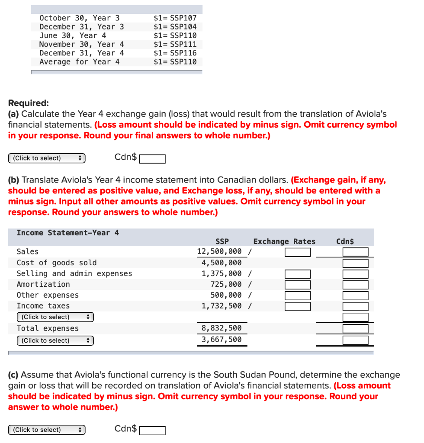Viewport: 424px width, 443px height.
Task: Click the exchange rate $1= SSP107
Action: (175, 18)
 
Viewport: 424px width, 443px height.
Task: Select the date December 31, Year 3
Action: (81, 27)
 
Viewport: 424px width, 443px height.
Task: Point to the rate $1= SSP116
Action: (175, 53)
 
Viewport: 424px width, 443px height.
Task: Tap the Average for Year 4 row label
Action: (80, 62)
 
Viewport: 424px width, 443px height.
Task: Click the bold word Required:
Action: (29, 103)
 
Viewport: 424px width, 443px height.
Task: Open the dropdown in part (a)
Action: (47, 158)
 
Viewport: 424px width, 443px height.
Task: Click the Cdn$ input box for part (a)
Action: (152, 159)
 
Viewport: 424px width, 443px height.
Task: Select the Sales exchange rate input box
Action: (297, 252)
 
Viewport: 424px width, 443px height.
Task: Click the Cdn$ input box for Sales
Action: (355, 252)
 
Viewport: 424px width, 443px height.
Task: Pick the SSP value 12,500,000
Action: (219, 252)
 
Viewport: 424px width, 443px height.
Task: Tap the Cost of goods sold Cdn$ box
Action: (355, 263)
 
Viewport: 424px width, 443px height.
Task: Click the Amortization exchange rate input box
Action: (297, 285)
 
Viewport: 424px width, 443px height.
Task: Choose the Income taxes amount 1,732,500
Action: (222, 306)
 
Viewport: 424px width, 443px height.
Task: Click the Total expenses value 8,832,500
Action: (222, 328)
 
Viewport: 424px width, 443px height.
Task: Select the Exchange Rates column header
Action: (284, 241)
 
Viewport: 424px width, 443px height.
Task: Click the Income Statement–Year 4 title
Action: (67, 233)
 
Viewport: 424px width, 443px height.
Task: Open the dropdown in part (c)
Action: (47, 430)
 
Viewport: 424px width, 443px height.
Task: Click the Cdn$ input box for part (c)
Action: (152, 430)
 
